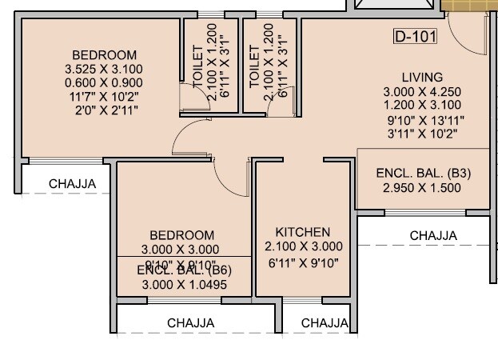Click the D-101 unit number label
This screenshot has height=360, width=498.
tap(416, 37)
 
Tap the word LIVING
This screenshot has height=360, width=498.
tap(422, 78)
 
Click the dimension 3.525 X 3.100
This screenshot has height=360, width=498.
tap(103, 70)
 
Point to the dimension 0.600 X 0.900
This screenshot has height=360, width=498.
tap(103, 83)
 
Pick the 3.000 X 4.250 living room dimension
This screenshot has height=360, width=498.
tap(422, 92)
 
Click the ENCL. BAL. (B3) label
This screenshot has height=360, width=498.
tap(423, 174)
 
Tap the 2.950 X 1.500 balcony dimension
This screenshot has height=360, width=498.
tap(422, 188)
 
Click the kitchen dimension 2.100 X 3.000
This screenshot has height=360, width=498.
tap(304, 246)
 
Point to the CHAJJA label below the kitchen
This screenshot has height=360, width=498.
tap(325, 323)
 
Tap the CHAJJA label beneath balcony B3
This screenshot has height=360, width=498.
tap(433, 236)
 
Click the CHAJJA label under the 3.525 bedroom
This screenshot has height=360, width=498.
tap(73, 184)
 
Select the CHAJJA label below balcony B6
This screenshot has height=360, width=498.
tap(190, 323)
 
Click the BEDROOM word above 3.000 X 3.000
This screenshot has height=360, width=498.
tap(182, 235)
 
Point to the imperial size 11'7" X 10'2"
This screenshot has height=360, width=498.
tap(103, 97)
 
